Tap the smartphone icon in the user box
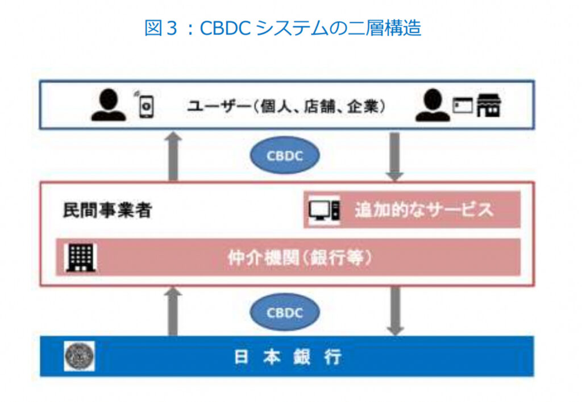pyautogui.click(x=147, y=105)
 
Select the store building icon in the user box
pyautogui.click(x=489, y=105)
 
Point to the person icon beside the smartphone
pyautogui.click(x=109, y=105)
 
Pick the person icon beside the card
pyautogui.click(x=433, y=106)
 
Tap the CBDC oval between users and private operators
pyautogui.click(x=285, y=155)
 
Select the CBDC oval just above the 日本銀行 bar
pyautogui.click(x=285, y=313)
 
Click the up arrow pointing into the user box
pyautogui.click(x=173, y=156)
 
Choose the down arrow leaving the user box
pyautogui.click(x=394, y=156)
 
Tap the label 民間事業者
pyautogui.click(x=107, y=210)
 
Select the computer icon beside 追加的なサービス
pyautogui.click(x=324, y=210)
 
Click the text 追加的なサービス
pyautogui.click(x=424, y=210)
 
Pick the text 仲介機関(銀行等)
pyautogui.click(x=300, y=258)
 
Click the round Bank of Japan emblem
pyautogui.click(x=79, y=356)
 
